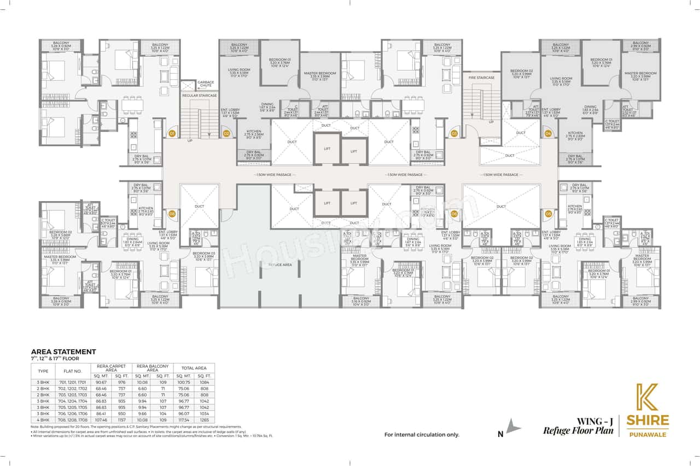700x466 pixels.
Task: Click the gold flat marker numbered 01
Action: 172,133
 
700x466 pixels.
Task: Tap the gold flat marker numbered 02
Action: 226,133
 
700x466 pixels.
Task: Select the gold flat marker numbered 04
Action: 548,133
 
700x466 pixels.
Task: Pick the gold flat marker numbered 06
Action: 454,214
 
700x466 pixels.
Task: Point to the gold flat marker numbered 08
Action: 172,214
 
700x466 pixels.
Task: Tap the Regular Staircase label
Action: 200,96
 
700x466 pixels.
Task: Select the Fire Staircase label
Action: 481,78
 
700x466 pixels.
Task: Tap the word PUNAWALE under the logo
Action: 647,435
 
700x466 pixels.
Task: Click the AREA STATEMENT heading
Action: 63,351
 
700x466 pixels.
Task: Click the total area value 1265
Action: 204,420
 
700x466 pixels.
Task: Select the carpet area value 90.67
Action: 101,382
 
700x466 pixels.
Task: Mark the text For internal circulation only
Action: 422,435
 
